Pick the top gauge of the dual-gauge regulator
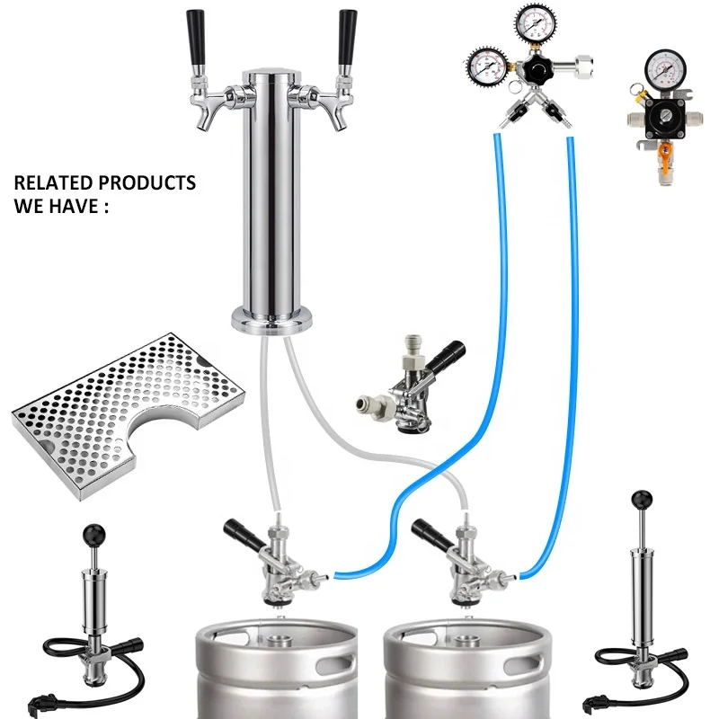pos(533,22)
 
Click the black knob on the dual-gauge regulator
pos(539,69)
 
